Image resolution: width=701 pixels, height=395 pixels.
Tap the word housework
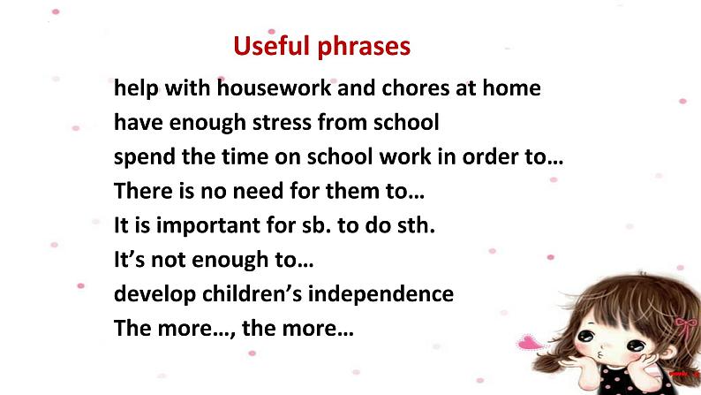point(274,87)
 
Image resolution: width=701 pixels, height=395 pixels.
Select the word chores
point(415,87)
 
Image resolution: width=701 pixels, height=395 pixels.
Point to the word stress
point(282,122)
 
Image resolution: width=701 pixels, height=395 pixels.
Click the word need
point(259,191)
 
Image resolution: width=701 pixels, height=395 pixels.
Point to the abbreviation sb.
point(317,225)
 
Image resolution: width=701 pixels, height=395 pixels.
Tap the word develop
point(155,295)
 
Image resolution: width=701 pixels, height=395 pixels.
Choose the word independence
point(381,295)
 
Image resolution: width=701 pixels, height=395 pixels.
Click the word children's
point(253,294)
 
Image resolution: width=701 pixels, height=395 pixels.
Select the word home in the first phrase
point(511,87)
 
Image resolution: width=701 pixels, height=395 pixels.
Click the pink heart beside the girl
point(530,342)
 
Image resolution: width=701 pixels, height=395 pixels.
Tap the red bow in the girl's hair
point(685,327)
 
